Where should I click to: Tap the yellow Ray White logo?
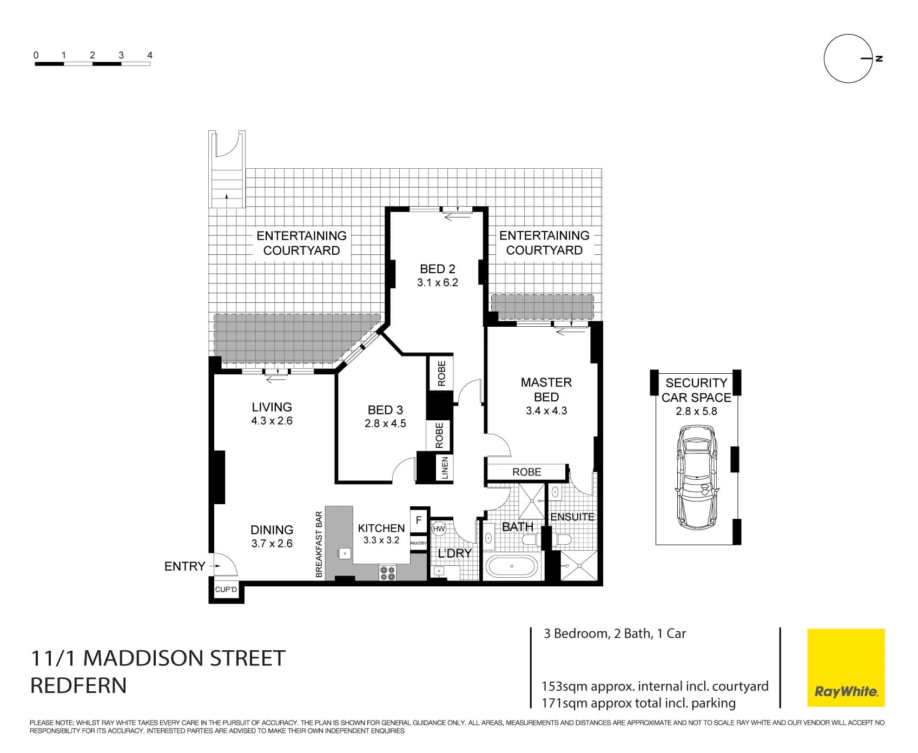point(846,668)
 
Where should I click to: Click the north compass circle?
point(848,58)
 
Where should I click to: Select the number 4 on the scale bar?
point(150,55)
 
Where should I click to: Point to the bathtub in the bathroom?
point(512,567)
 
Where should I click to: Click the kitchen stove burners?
point(387,573)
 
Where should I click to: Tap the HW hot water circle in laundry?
point(438,529)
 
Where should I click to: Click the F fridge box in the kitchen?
point(419,520)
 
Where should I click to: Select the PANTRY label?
point(419,543)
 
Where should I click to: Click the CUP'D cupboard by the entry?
point(226,590)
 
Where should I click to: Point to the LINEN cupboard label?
point(445,468)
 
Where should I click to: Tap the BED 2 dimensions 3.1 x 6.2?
point(437,282)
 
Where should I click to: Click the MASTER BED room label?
point(546,389)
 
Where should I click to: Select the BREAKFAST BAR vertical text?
point(319,544)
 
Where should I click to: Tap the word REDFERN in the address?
point(78,685)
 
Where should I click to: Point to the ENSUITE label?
point(572,517)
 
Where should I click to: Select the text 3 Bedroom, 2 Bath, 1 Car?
point(615,633)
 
